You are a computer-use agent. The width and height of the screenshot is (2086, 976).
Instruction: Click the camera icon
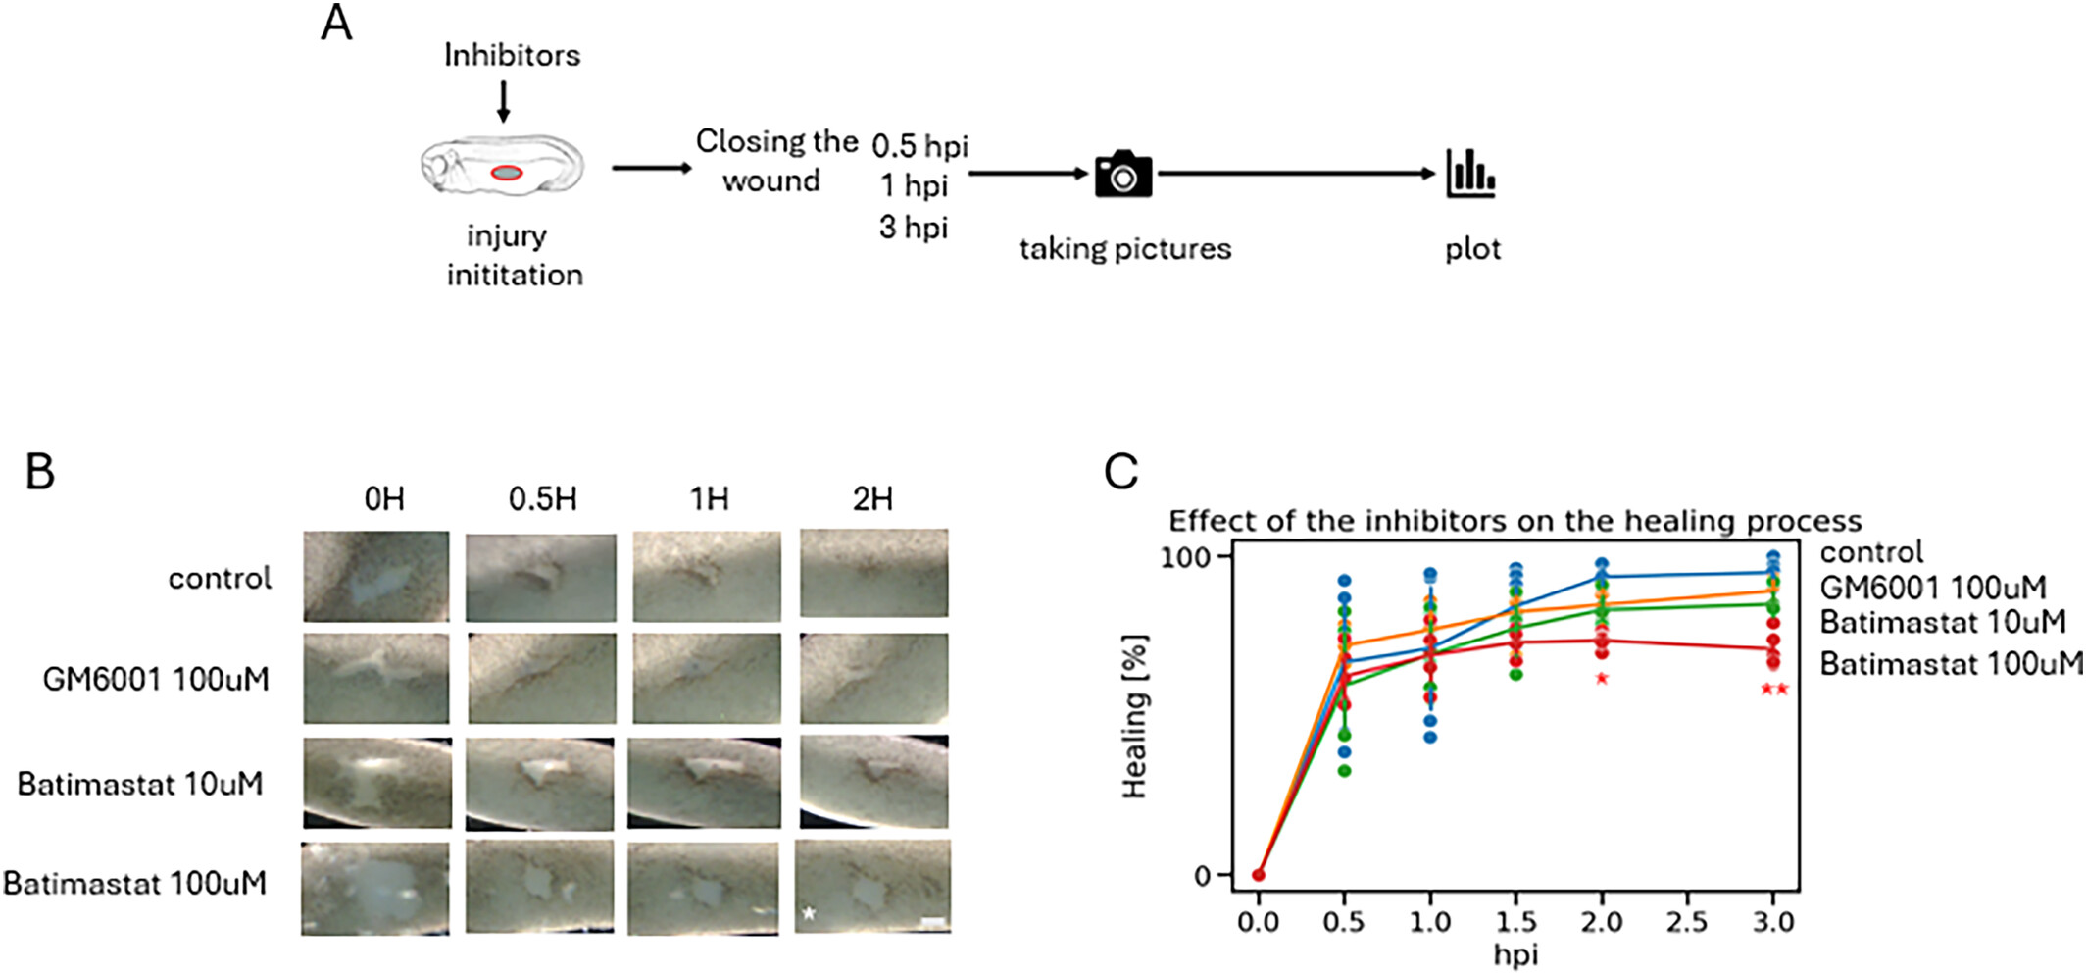(x=1123, y=175)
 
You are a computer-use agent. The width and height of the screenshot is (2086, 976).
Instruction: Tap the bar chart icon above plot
(x=1470, y=174)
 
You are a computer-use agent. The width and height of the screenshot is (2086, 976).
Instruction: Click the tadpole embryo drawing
(x=502, y=167)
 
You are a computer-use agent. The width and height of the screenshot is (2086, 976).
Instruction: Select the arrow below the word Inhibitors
(x=503, y=101)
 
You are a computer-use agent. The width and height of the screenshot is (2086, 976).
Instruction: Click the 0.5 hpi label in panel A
(x=919, y=146)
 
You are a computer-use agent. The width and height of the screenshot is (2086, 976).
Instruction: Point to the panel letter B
(x=40, y=472)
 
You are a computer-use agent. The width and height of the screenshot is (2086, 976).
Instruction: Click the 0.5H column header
(x=542, y=499)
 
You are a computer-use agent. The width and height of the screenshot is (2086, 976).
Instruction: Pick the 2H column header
(x=872, y=499)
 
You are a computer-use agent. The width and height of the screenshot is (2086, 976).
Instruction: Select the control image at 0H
(x=376, y=577)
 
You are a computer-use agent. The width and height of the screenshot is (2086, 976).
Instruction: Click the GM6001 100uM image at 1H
(x=707, y=679)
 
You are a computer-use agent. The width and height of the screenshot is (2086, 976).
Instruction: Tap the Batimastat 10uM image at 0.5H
(x=541, y=784)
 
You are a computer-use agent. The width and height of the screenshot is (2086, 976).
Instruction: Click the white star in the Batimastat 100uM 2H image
(x=809, y=914)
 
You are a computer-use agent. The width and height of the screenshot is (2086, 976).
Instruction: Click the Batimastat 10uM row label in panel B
(x=140, y=784)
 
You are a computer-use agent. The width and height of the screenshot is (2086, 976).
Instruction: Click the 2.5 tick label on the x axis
(x=1687, y=922)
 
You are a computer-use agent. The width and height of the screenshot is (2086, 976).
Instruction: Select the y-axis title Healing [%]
(x=1134, y=716)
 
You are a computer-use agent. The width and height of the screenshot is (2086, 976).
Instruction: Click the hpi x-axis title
(x=1515, y=954)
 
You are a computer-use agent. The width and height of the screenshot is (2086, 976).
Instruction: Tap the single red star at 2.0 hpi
(x=1602, y=679)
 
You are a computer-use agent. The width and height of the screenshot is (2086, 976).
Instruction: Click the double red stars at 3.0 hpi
(x=1774, y=690)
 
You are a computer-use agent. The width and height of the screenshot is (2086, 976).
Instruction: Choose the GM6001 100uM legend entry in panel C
(x=1932, y=588)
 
